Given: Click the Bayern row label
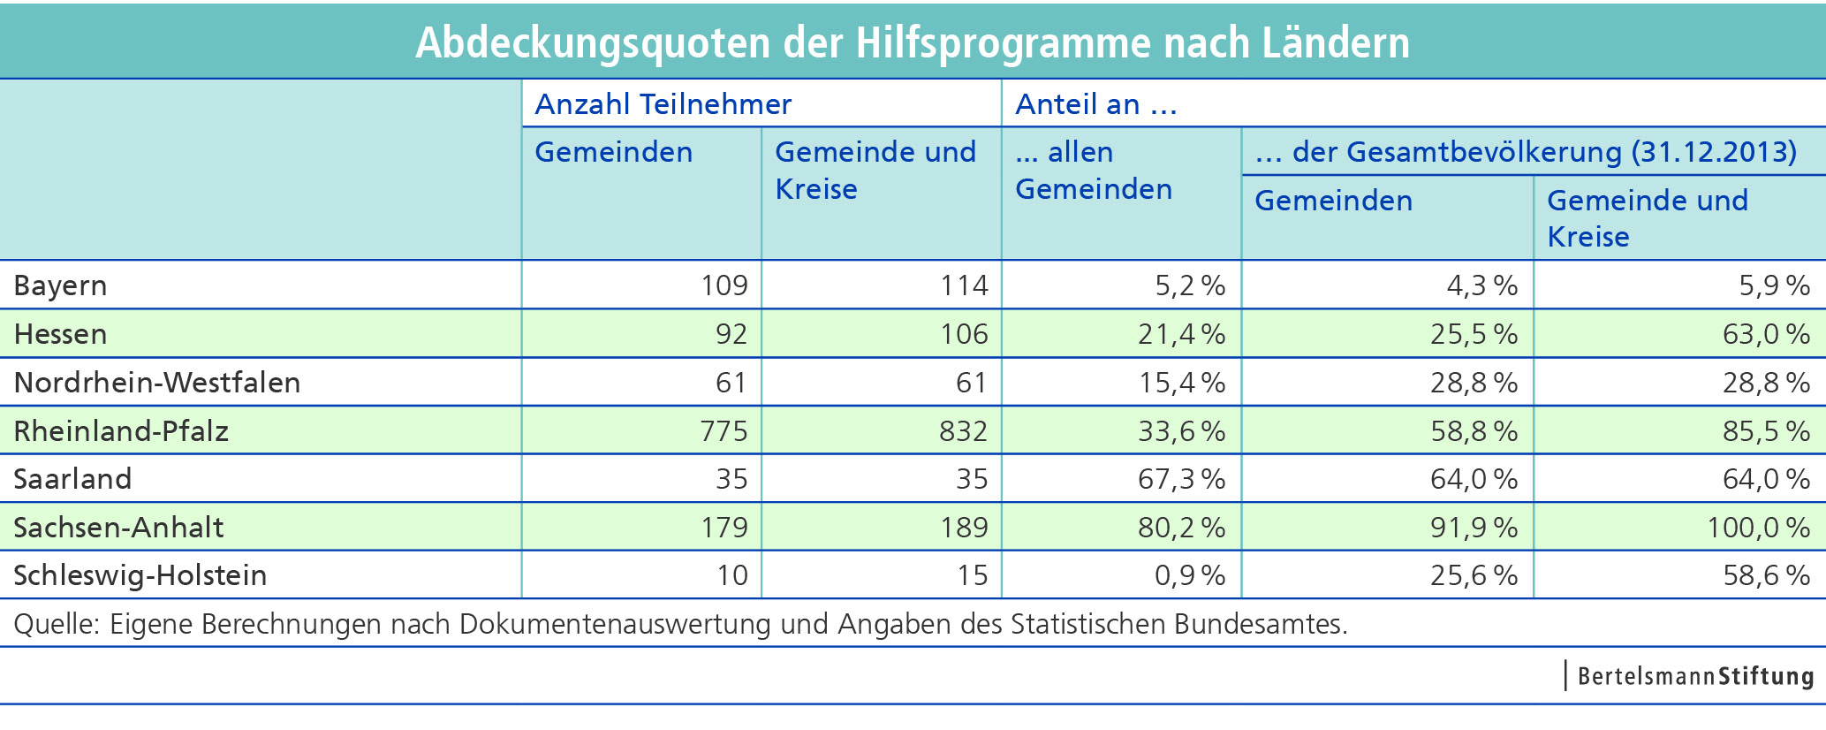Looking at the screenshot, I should pos(60,285).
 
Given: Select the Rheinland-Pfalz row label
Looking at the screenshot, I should pos(121,430).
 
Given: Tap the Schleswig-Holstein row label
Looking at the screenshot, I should pos(140,575).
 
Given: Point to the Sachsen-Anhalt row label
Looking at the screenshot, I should pos(118,528).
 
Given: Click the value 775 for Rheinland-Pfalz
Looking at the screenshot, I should pos(724,430).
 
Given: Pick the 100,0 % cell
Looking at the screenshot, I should pos(1758,528).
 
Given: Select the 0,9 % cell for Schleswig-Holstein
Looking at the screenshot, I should pos(1190,575).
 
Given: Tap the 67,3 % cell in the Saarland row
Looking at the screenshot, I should pos(1181,479).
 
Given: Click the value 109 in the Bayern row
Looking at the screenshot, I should pos(724,285).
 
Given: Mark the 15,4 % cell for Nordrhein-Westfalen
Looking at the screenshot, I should pos(1181,383).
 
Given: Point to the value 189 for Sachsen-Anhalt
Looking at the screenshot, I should pos(964,528).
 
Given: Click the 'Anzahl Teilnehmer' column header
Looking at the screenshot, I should pos(663,104).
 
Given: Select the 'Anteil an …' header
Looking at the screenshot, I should pos(1095,104).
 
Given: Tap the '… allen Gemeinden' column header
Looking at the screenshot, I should pos(1094,171).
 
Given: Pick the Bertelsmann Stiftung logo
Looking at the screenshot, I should pos(1694,676).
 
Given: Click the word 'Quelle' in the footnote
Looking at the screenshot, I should pos(53,624).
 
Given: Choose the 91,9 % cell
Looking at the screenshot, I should pos(1474,528).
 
